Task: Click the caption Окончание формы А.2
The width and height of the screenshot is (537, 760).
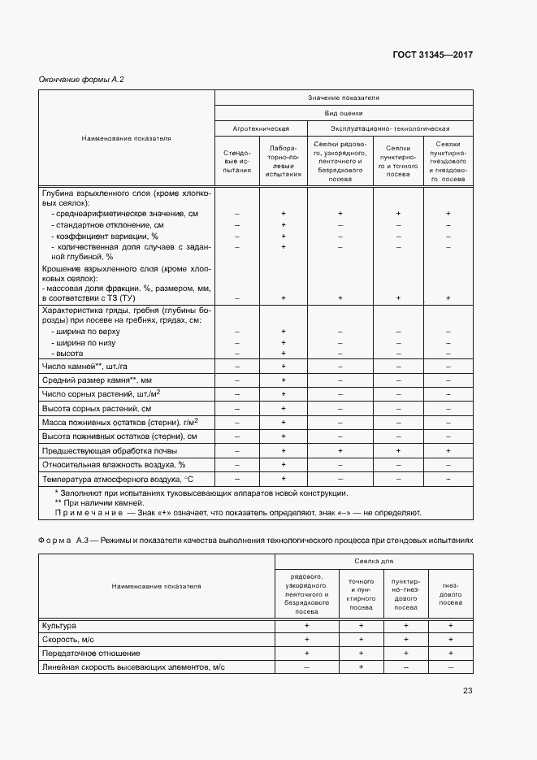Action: pos(81,79)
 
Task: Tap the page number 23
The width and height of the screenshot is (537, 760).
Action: pos(466,691)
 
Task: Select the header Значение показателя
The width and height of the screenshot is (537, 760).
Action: pos(343,98)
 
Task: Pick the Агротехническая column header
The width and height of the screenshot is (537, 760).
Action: pos(260,128)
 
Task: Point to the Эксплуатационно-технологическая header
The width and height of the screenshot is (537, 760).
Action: pos(389,128)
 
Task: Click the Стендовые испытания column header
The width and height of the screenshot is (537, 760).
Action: pos(236,163)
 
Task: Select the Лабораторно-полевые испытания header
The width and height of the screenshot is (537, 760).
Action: pos(282,163)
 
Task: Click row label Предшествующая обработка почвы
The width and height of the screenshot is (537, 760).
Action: pos(108,450)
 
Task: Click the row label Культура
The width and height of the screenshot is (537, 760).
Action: pos(58,625)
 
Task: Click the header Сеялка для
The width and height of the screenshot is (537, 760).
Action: pos(373,562)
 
